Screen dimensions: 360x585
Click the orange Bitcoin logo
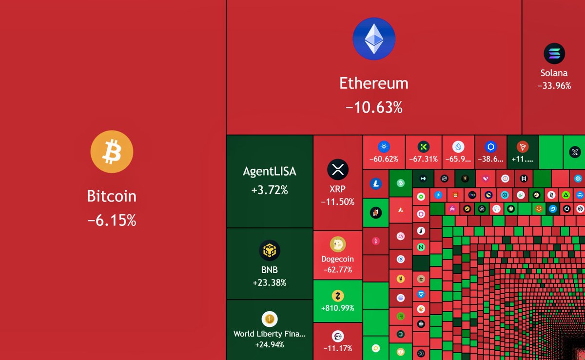[112, 151]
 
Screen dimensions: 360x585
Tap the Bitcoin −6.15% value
[112, 220]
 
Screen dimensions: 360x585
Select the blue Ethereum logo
[374, 39]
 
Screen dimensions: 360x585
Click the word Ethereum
[374, 83]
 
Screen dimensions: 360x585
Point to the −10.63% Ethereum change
[374, 107]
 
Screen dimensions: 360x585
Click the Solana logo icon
[554, 54]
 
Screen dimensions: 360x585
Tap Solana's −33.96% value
[554, 85]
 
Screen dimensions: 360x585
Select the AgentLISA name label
[270, 172]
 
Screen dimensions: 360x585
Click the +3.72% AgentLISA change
[270, 190]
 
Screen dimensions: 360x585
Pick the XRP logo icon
[337, 170]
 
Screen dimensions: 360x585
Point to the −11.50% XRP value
[337, 202]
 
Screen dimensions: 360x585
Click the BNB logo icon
[270, 251]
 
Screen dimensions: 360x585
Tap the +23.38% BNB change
[270, 282]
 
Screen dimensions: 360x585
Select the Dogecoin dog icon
[337, 244]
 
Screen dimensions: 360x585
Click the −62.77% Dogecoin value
[337, 270]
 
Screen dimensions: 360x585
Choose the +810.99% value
[337, 308]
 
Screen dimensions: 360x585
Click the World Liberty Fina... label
[270, 334]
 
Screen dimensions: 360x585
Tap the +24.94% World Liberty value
[270, 345]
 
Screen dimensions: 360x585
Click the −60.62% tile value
[384, 159]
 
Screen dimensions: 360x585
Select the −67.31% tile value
[423, 159]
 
